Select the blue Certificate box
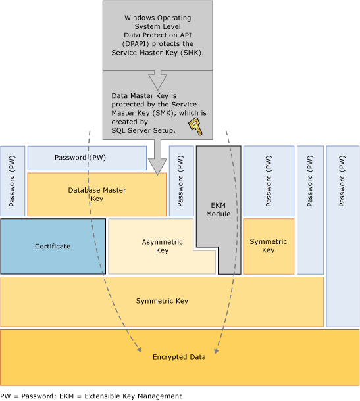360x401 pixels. [53, 247]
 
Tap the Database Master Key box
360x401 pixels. [97, 194]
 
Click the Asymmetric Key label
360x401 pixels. [162, 247]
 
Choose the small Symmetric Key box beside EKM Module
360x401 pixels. [269, 247]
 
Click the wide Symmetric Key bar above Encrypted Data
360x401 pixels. [162, 301]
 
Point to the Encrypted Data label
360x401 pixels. [179, 357]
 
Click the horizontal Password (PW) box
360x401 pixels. [87, 158]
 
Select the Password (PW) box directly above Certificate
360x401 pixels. [13, 181]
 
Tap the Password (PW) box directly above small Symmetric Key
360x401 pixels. [269, 181]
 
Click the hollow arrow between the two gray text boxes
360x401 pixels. [158, 80]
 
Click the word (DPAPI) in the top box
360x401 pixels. [132, 43]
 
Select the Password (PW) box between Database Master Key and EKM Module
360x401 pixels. [181, 181]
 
